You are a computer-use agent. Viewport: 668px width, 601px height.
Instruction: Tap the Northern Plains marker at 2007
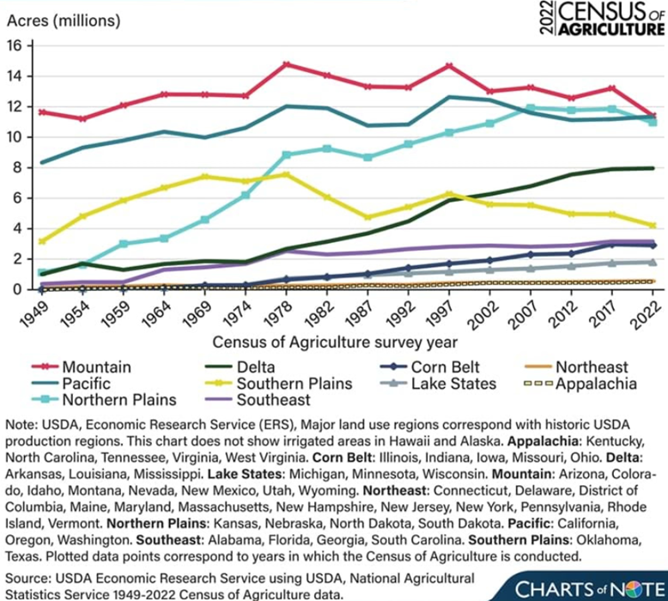pos(531,108)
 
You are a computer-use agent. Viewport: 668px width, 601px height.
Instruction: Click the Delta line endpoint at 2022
pos(652,168)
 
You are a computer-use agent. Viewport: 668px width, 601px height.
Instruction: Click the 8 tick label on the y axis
pos(27,167)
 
